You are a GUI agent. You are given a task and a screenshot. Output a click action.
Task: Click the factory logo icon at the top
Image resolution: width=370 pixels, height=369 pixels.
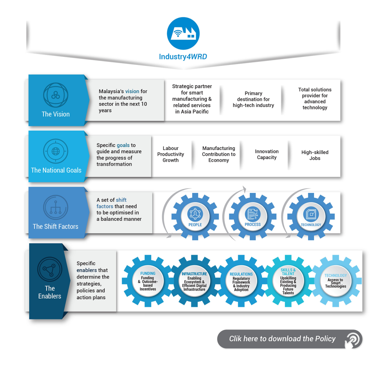[183, 33]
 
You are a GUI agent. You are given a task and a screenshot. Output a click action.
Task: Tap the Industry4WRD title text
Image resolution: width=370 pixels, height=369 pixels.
[183, 57]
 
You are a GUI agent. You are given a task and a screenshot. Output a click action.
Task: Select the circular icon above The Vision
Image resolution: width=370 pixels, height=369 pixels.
[56, 95]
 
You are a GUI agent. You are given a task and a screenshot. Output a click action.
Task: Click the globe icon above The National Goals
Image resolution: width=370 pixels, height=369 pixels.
[56, 151]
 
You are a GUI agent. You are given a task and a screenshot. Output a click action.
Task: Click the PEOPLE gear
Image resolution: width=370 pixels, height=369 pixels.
[195, 216]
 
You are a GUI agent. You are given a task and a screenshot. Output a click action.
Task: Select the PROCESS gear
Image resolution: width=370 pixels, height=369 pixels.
[253, 216]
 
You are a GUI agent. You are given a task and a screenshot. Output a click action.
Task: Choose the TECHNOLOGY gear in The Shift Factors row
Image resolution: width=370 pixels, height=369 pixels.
[311, 216]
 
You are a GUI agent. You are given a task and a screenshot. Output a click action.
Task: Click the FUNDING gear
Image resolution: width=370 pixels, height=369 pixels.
[148, 282]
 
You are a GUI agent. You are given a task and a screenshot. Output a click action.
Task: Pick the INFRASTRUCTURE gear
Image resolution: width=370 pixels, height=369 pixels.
[194, 282]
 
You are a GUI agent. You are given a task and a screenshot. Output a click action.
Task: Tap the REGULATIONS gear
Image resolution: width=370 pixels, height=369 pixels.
[241, 282]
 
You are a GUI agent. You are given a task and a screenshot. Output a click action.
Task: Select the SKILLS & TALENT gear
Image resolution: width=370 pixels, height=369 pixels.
[288, 282]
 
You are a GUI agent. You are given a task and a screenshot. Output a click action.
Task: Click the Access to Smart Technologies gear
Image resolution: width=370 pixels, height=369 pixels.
[335, 281]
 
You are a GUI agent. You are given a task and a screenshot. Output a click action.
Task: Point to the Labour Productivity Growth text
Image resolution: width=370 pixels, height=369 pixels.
[171, 154]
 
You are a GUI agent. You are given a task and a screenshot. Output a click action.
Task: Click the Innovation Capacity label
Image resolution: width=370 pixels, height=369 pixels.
[267, 154]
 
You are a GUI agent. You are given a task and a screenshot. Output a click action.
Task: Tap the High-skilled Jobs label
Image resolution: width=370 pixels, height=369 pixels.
[315, 155]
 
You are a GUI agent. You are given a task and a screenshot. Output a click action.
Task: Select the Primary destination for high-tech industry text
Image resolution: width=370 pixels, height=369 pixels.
[253, 99]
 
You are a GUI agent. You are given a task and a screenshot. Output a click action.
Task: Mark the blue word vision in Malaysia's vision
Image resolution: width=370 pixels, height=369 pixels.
[132, 91]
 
